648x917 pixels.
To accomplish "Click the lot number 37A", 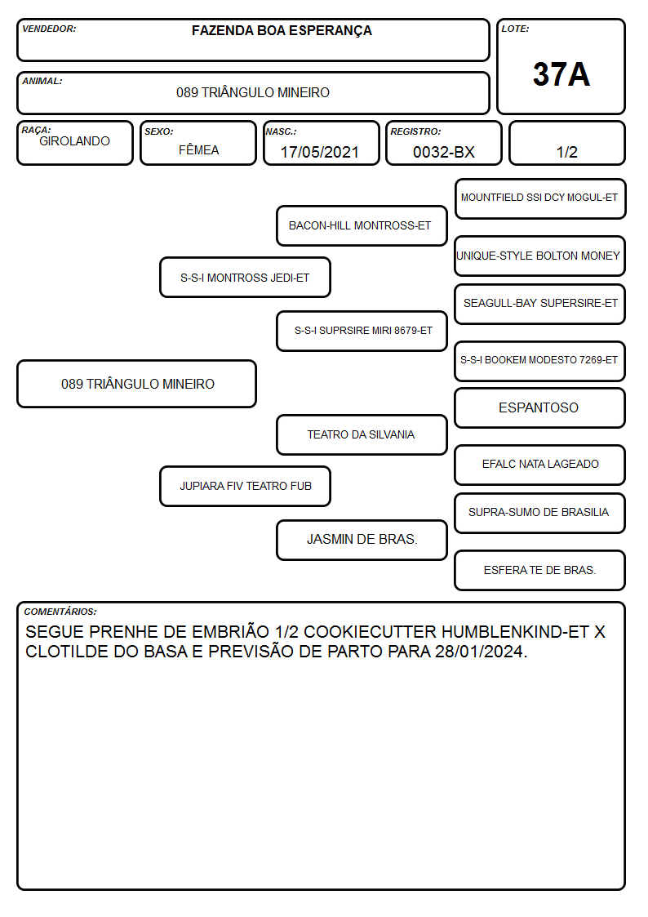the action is coord(561,74).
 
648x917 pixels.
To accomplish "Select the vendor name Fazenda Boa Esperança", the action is coord(282,31).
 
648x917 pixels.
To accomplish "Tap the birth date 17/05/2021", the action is coord(320,152).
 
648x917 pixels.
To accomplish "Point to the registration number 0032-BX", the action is coord(443,152).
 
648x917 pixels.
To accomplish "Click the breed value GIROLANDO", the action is coord(74,141).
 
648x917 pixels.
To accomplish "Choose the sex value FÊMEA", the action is coord(198,149).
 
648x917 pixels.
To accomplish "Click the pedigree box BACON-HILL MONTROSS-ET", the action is coord(362,225).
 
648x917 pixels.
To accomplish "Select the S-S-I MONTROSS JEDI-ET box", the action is coord(245,277).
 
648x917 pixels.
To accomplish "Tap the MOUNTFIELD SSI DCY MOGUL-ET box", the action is coord(540,199).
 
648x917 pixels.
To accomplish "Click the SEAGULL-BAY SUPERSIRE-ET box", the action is coord(540,304).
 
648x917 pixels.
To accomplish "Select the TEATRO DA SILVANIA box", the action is coord(362,434).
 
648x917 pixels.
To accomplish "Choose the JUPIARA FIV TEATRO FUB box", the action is coord(245,486).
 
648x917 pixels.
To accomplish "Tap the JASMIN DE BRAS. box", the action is coord(362,540).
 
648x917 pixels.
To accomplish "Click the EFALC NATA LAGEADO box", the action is coord(540,465).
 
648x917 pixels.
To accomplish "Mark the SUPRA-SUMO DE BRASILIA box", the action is coord(540,513).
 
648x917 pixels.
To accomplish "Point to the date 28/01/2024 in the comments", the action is coord(480,652).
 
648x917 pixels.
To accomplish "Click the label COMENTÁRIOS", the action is coord(60,612).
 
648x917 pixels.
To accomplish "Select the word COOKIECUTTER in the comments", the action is coord(370,632).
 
